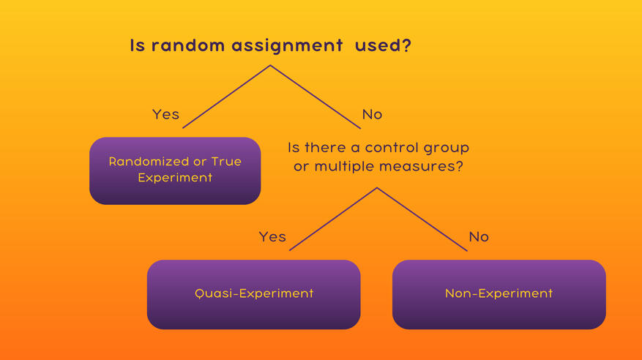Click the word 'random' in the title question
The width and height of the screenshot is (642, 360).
(x=188, y=45)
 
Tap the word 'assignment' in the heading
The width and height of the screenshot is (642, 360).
(x=287, y=46)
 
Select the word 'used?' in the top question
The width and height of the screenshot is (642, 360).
(x=383, y=45)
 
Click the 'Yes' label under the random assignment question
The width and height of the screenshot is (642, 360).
(x=165, y=114)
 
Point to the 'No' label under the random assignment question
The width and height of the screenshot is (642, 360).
(x=372, y=114)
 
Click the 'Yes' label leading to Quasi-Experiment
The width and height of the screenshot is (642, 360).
(x=272, y=236)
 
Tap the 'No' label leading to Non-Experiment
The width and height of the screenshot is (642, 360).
(x=479, y=236)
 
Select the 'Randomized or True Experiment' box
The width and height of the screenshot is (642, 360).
(x=175, y=170)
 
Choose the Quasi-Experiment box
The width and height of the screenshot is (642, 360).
(x=254, y=295)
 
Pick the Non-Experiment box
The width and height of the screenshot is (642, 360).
(x=499, y=295)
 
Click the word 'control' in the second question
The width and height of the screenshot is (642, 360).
(x=392, y=147)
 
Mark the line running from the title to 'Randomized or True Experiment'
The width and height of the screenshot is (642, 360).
(x=226, y=97)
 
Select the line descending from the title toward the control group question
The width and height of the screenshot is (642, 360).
(x=316, y=97)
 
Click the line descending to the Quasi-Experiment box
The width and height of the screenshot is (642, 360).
(x=333, y=219)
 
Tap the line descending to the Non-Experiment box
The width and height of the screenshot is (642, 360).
(x=422, y=219)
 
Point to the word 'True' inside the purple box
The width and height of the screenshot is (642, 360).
(x=226, y=162)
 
